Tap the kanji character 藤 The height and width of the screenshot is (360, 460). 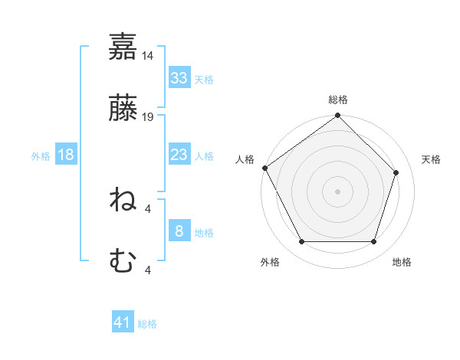[123, 108]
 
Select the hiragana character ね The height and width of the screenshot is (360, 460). [123, 201]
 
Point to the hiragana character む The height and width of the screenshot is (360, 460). [123, 262]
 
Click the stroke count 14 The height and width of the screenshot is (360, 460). [148, 56]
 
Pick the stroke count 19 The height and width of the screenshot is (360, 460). [148, 117]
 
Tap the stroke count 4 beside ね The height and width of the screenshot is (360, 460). [148, 209]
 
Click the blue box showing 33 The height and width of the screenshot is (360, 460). [179, 77]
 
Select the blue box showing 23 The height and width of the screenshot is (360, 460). [179, 155]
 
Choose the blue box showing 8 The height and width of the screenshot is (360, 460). [179, 231]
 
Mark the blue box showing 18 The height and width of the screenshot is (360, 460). [66, 155]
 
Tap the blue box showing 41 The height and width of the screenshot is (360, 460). [123, 322]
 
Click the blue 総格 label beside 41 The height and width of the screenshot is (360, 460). [147, 324]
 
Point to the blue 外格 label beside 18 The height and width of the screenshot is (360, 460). [41, 155]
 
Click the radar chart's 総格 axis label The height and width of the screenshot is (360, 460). [338, 100]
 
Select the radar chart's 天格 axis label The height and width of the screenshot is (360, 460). [432, 159]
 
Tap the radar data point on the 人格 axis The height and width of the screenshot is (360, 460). [264, 168]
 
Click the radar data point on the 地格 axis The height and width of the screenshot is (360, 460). [374, 242]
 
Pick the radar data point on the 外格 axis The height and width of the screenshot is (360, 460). [301, 242]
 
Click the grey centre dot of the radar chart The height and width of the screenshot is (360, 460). [337, 191]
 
